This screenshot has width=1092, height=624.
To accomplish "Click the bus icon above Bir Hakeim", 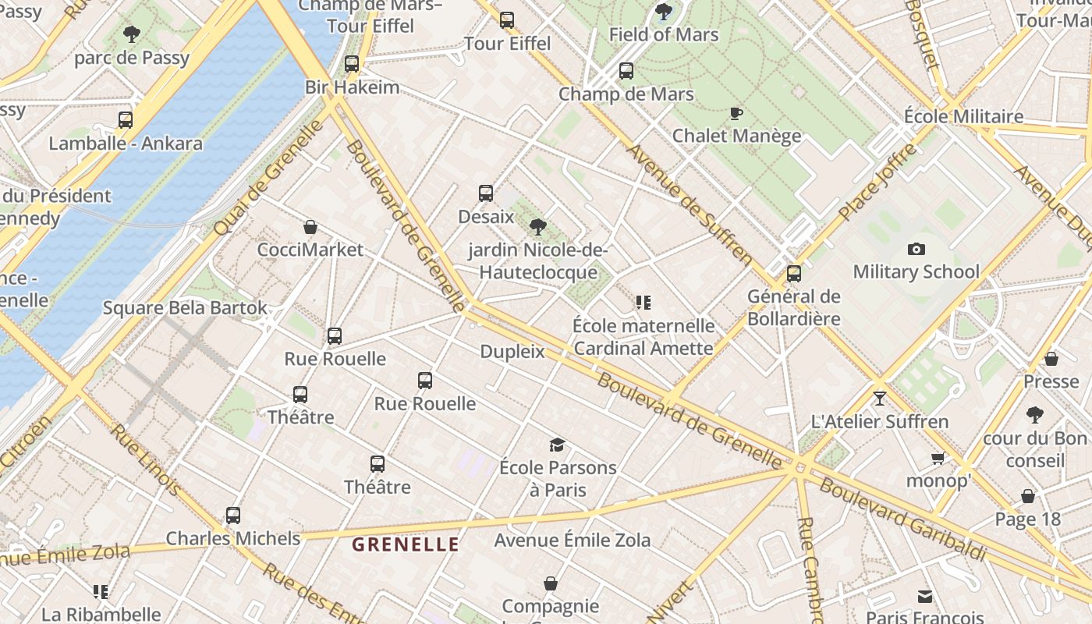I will pos(352,64).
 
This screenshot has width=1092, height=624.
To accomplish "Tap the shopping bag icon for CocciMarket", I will pos(310,227).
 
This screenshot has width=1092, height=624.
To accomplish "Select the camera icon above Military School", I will pos(916,249).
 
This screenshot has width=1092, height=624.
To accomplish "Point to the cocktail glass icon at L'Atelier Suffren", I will pos(880,399).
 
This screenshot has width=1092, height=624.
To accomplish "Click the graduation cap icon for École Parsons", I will pos(557,445).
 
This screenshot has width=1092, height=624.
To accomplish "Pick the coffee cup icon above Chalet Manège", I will pos(736,114).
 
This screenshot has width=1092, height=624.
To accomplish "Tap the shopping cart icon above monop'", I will pos(938,458).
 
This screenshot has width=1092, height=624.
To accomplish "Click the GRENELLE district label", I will pos(406,544).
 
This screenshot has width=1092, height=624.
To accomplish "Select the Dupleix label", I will pos(512,351).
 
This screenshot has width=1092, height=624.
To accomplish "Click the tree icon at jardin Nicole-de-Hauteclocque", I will pos(537,227).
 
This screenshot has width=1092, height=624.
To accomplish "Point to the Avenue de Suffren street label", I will pos(690,204).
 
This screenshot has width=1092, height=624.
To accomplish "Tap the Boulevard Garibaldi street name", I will pos(902,519).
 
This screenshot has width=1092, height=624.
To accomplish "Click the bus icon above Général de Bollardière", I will pos(794,274).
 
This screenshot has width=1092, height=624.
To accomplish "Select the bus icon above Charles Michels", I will pos(233,516).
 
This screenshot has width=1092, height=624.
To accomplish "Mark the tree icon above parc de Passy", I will pos(132,34).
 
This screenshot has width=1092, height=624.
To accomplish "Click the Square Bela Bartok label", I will pos(185,308).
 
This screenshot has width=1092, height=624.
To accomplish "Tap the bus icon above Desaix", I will pos(486,193).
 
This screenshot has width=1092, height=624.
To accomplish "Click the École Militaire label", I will pos(963,116).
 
